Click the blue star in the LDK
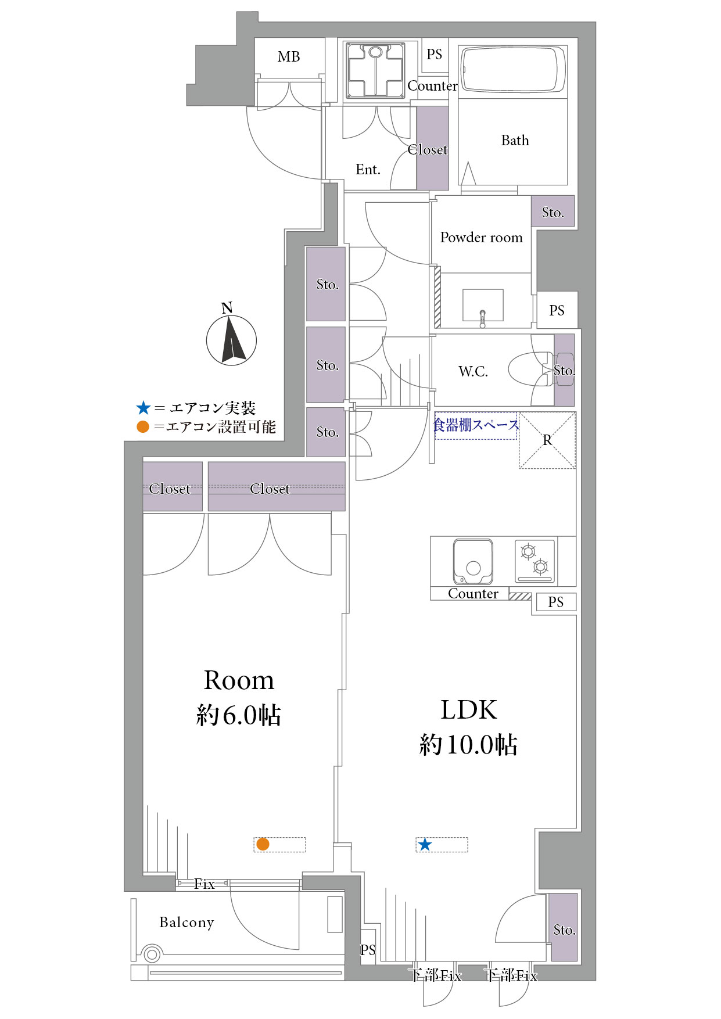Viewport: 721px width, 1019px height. (425, 844)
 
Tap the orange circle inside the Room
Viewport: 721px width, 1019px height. (263, 844)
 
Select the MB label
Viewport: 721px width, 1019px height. (289, 57)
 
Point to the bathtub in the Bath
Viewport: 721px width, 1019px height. (512, 70)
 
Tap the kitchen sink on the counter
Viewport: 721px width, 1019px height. (473, 562)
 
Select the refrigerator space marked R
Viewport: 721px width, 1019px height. (547, 440)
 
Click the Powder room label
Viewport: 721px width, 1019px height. (481, 238)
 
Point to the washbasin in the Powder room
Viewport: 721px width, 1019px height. (483, 306)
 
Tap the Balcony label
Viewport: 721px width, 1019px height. (186, 923)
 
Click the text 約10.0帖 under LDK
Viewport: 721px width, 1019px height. (468, 745)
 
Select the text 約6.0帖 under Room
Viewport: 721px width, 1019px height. (239, 715)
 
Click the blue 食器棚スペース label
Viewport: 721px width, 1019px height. (476, 425)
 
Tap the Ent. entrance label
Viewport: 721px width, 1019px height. (368, 170)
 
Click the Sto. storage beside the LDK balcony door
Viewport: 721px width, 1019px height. (564, 927)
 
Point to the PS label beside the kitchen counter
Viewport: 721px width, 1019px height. (555, 602)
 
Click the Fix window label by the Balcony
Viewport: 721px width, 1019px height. (205, 884)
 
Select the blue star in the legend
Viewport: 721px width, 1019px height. (143, 408)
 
